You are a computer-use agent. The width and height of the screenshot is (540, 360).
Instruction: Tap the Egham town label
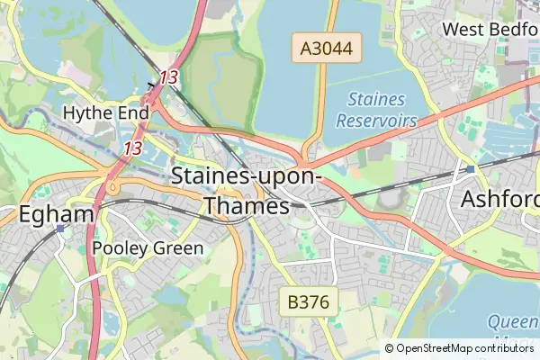(x=56, y=214)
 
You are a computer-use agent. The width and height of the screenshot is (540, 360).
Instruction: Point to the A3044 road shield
(x=327, y=48)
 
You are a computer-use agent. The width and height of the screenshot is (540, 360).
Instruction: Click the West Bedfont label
(x=490, y=29)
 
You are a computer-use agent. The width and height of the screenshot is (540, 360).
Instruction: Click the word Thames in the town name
(x=247, y=206)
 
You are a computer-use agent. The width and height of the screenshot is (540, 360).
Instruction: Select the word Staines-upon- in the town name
(x=246, y=175)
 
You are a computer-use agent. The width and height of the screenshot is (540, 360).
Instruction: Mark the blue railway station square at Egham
(x=60, y=229)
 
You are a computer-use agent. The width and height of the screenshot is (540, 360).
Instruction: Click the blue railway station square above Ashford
(x=470, y=168)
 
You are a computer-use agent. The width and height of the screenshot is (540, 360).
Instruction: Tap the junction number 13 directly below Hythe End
(x=133, y=148)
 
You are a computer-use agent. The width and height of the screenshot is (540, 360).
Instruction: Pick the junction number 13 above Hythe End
(x=168, y=77)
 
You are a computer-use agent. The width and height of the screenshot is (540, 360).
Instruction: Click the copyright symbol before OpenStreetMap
(x=390, y=348)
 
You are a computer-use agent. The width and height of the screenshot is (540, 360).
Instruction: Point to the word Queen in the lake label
(x=510, y=322)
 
